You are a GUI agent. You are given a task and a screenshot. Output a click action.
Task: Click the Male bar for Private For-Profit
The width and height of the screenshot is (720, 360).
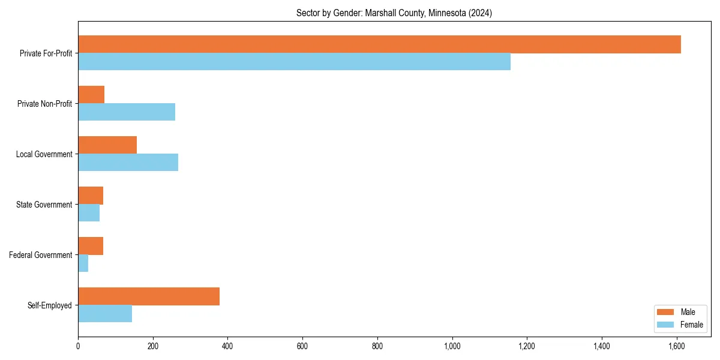pos(379,44)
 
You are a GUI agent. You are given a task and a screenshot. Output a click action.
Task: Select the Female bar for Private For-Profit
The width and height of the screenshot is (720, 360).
pos(294,62)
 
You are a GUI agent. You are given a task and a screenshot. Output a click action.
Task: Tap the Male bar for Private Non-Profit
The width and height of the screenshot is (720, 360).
pos(91,95)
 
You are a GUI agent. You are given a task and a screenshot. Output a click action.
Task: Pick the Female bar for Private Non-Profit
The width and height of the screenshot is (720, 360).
pos(127,112)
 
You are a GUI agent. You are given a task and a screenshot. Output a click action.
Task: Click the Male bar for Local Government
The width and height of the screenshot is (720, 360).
pos(107,145)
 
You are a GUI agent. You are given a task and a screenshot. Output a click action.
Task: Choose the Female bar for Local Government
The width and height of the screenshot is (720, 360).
pos(128,163)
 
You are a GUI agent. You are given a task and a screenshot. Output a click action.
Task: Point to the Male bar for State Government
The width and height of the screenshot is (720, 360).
pos(91,196)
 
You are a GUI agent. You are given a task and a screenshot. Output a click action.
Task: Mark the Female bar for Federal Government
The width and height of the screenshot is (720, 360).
pos(83,263)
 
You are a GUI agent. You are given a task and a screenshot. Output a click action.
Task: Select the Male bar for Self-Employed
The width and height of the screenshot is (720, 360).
pos(149,296)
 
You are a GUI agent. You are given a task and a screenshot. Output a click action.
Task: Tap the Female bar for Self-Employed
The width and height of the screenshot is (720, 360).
pos(105,314)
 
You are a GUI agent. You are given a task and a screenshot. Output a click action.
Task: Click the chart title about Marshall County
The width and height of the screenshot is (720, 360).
pos(394,13)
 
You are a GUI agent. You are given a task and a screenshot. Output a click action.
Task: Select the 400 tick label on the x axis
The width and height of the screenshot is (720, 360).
pos(227,346)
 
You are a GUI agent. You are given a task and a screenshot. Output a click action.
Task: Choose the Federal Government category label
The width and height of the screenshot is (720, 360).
pos(41,255)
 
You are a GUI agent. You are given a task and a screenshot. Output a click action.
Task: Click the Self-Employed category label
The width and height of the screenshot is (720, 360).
pos(50,305)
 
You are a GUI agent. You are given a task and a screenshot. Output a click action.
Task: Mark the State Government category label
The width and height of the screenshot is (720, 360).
pos(44,205)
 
